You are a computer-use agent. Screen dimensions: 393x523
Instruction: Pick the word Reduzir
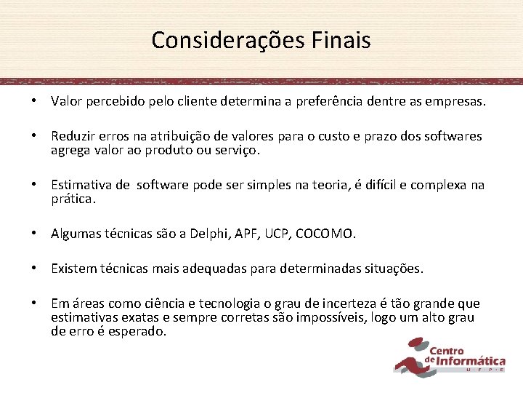point(73,136)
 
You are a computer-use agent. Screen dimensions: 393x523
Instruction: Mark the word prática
point(73,198)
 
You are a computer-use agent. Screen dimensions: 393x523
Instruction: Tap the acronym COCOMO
point(327,234)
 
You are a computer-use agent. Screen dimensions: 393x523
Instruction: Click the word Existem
point(74,269)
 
